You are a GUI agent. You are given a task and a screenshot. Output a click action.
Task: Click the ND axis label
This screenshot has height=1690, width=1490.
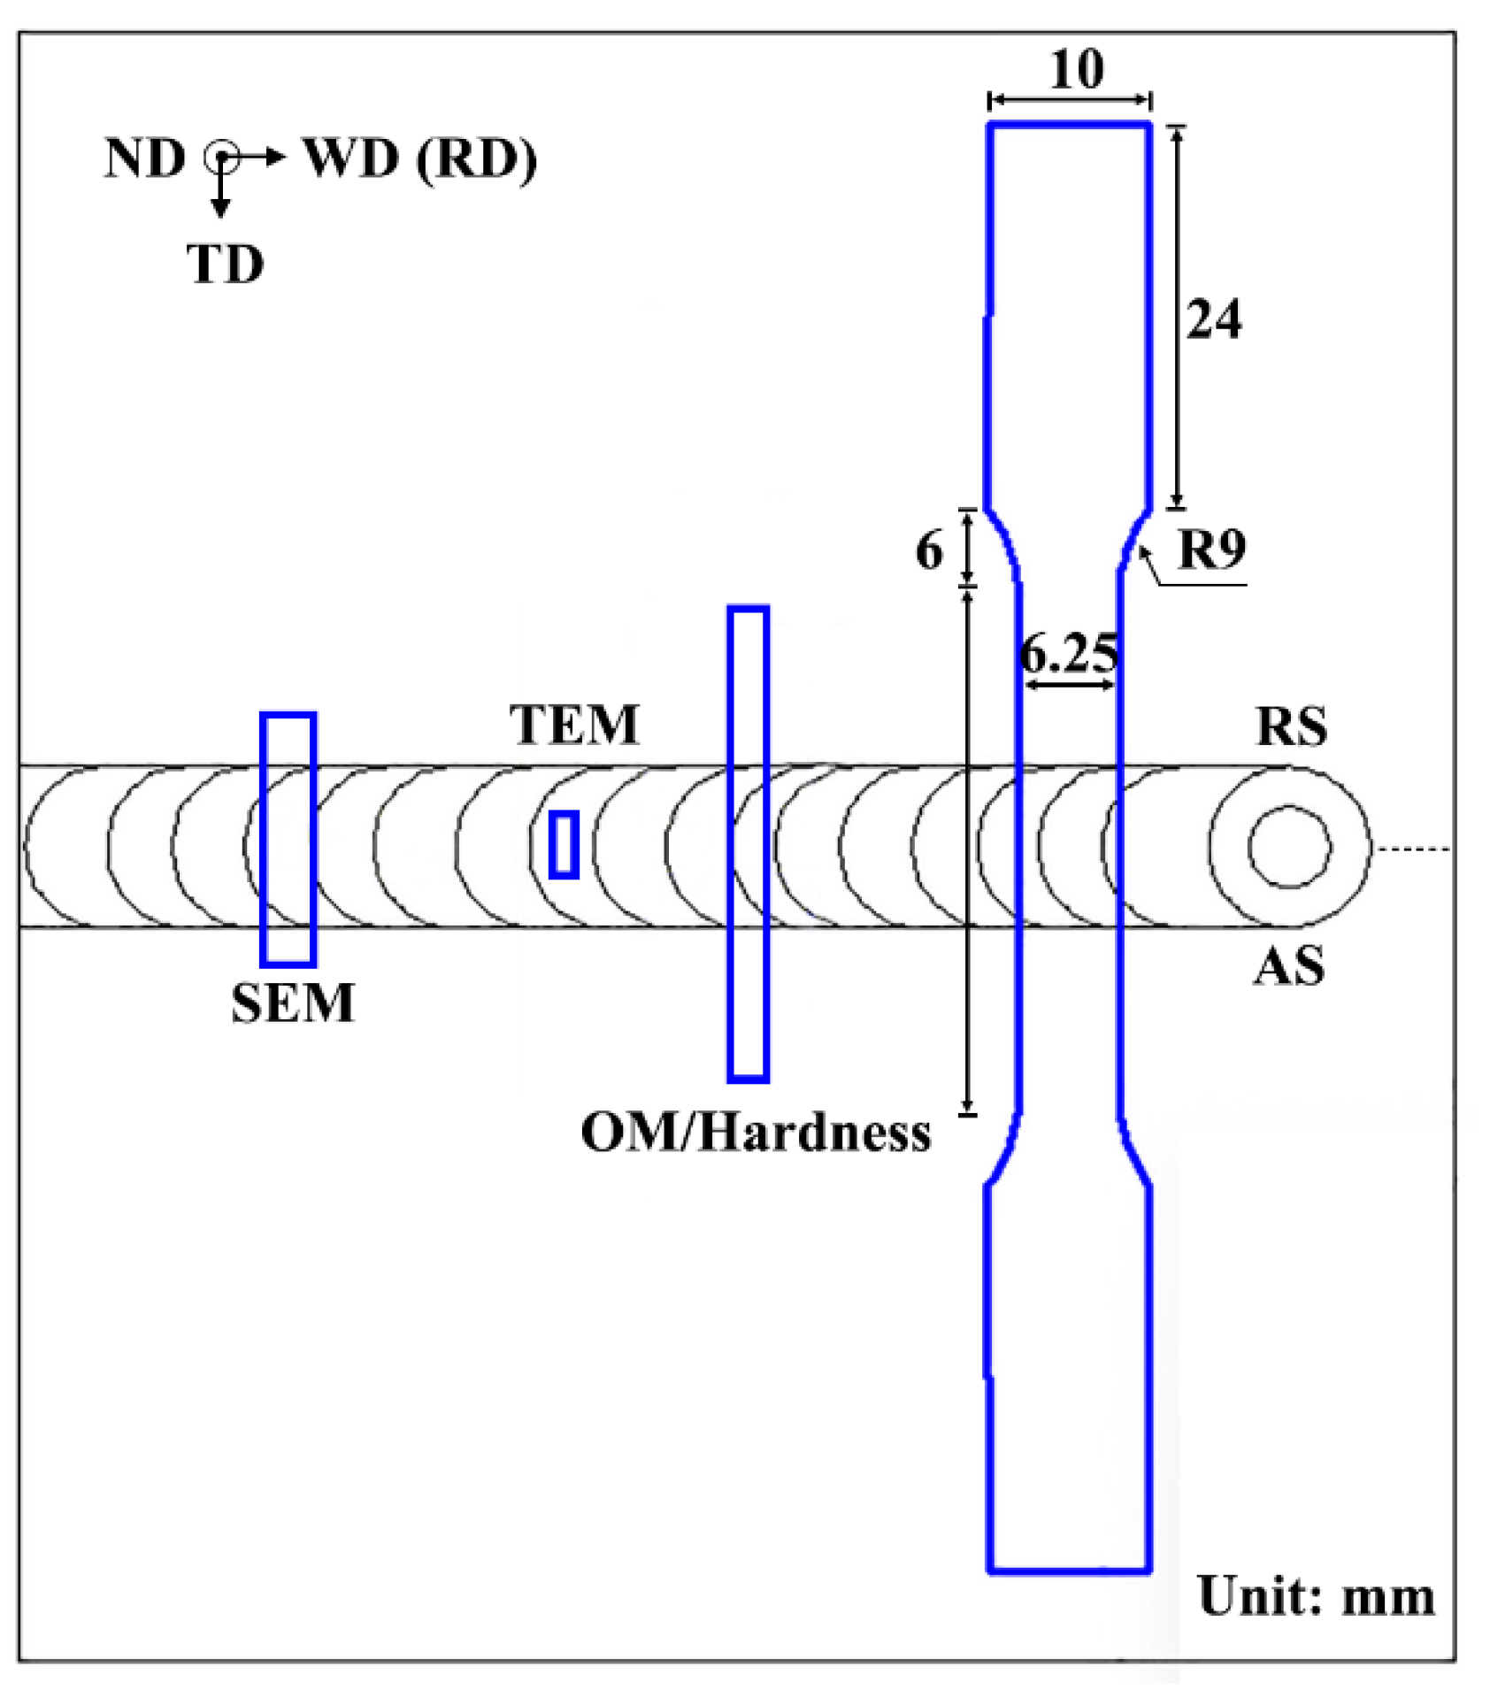(x=144, y=159)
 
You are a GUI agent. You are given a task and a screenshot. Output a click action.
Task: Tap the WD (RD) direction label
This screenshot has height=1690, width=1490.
(x=420, y=159)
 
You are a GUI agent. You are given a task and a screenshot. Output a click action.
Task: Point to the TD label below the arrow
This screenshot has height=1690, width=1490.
(x=225, y=264)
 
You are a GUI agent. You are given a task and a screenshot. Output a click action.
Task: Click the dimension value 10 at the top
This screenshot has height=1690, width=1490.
(x=1076, y=69)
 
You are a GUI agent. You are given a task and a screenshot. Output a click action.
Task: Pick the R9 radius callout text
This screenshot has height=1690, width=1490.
(x=1211, y=549)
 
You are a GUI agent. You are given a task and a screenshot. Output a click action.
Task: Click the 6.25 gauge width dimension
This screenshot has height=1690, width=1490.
(x=1069, y=655)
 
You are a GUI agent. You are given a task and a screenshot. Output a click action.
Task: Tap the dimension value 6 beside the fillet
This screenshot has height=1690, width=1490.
(x=928, y=550)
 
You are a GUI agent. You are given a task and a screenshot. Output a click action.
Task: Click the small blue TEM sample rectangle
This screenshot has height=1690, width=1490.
(x=564, y=844)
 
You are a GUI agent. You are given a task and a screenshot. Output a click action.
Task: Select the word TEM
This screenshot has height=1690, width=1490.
(x=573, y=725)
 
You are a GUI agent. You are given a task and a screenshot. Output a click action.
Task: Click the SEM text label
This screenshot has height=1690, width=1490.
(x=292, y=1002)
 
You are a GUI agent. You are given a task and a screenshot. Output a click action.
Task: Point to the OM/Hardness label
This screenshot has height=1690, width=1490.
(x=755, y=1132)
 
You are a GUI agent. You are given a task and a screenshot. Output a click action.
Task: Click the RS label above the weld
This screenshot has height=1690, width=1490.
(x=1291, y=726)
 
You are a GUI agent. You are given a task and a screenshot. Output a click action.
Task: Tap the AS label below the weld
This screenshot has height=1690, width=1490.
(x=1288, y=965)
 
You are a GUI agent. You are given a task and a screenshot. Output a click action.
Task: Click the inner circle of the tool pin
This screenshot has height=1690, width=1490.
(x=1289, y=847)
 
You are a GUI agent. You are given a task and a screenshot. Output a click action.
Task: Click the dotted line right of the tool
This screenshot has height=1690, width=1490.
(x=1413, y=849)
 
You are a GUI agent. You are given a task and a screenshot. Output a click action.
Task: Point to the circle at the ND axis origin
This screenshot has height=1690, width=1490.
(x=220, y=158)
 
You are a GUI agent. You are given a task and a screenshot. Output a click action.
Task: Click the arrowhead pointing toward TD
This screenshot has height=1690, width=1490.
(x=220, y=208)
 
